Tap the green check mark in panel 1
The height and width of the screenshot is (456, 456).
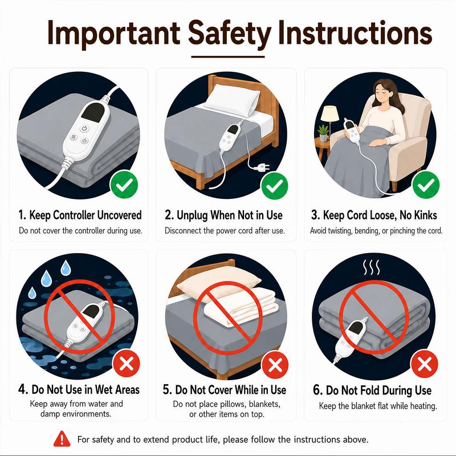click(124, 185)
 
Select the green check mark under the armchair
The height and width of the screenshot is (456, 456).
click(426, 185)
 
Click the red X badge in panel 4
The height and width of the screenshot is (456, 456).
click(126, 363)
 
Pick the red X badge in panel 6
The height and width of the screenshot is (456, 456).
click(424, 364)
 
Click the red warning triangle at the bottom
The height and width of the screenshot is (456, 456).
click(62, 439)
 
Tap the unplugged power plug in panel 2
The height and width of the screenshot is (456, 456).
click(261, 167)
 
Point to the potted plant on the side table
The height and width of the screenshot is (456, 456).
click(323, 133)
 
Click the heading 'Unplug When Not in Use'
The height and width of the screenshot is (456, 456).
click(223, 215)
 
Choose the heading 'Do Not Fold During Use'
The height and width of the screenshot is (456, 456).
click(372, 390)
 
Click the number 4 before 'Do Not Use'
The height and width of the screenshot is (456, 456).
click(23, 389)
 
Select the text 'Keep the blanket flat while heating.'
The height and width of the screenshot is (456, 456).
click(378, 406)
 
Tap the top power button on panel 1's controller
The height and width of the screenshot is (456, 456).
click(84, 128)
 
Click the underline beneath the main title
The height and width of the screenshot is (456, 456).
click(227, 56)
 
